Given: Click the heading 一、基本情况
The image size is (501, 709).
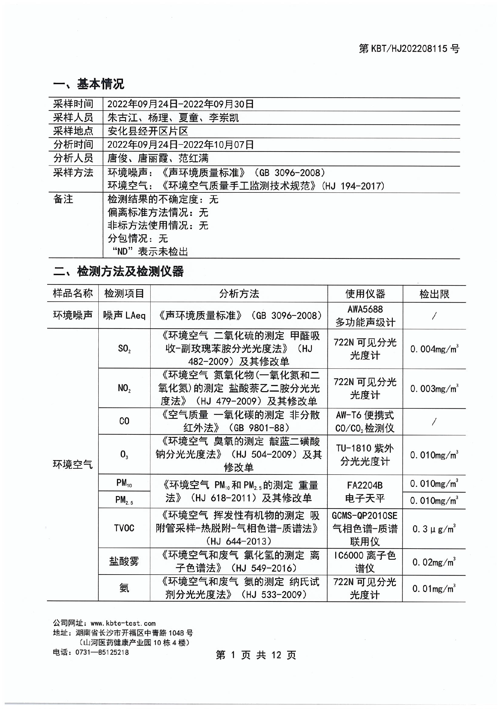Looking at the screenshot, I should point(89,84).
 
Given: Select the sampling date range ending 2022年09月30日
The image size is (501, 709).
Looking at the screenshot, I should point(180,104).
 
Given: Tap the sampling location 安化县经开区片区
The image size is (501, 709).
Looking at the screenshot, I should point(148,131).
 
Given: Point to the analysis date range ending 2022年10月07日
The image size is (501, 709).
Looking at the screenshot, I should point(180,145).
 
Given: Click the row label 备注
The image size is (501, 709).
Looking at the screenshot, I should point(63,199).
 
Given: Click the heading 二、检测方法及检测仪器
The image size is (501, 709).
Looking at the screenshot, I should point(118,271).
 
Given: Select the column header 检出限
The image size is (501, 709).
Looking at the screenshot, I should point(434,294).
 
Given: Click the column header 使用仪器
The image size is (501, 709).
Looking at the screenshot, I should point(365,294).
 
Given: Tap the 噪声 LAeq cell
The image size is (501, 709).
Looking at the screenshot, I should point(124,315).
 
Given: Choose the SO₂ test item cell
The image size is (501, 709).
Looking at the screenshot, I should point(124,348).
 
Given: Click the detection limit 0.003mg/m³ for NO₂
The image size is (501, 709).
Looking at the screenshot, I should point(434,389).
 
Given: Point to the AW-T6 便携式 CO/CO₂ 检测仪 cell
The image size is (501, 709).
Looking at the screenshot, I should point(365,421).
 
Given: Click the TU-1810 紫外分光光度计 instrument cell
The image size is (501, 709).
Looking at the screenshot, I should point(365,455).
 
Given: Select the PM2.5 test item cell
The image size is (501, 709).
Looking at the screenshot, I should point(124,500).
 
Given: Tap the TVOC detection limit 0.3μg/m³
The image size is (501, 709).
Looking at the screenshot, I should point(434,529).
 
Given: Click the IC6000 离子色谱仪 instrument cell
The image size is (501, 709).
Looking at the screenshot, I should point(365,562).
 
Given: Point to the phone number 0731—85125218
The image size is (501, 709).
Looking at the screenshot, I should point(102,652).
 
